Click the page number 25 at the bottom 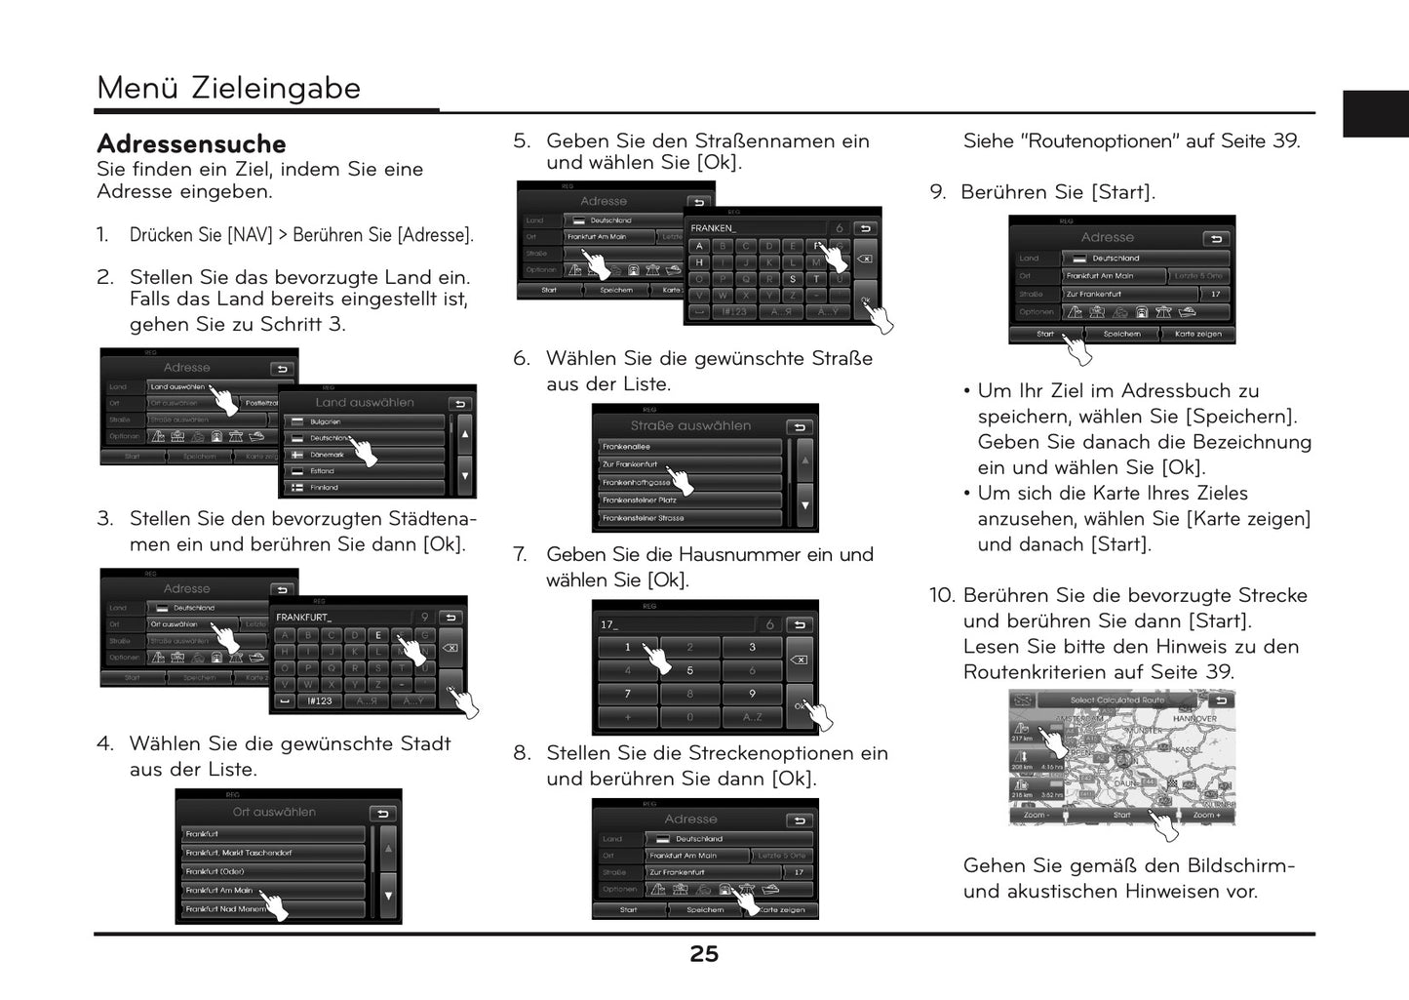click(704, 954)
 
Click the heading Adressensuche click(191, 144)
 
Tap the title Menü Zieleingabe click(228, 88)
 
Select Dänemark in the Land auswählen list click(328, 455)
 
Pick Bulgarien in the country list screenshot click(326, 421)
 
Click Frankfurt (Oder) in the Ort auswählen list click(215, 871)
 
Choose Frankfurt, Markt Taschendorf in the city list click(239, 853)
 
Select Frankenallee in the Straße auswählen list click(627, 447)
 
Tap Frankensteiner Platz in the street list click(640, 500)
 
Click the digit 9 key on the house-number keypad click(752, 694)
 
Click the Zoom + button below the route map click(1205, 815)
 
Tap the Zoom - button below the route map click(1036, 815)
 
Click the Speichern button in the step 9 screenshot click(1121, 334)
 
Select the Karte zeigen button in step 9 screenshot click(1197, 334)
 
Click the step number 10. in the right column click(942, 595)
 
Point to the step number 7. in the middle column click(522, 555)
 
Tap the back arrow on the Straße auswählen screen click(800, 427)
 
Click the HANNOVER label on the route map click(1194, 719)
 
